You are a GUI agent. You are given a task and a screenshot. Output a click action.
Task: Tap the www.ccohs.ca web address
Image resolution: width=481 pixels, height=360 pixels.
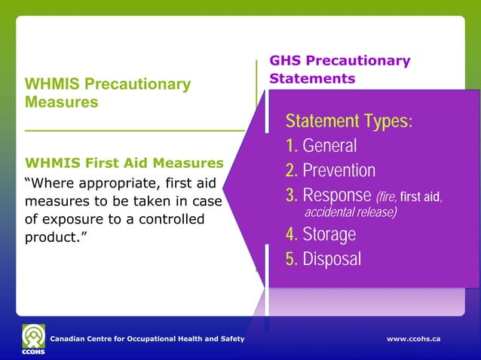[413, 340]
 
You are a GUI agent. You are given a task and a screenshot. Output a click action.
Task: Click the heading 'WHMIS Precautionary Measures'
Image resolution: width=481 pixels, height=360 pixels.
[108, 93]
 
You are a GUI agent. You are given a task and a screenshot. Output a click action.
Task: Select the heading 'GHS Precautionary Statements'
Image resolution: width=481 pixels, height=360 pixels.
[340, 69]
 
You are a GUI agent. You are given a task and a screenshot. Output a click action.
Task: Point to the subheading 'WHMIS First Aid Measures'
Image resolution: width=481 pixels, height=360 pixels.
[124, 163]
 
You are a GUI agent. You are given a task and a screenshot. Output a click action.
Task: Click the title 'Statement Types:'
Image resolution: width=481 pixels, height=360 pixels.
[349, 122]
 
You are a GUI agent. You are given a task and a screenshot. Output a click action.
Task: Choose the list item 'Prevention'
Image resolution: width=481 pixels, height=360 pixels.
[339, 171]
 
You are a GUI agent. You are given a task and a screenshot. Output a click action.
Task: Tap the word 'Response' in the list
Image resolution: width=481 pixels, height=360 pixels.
[336, 197]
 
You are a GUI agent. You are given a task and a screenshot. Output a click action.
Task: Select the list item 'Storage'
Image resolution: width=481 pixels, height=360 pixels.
[329, 234]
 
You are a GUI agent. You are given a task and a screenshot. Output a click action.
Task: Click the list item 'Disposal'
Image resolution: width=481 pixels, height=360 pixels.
[332, 259]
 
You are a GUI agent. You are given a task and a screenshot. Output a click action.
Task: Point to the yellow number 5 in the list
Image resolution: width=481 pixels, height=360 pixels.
[291, 259]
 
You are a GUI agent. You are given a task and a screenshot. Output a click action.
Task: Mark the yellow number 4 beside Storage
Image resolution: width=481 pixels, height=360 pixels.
[291, 234]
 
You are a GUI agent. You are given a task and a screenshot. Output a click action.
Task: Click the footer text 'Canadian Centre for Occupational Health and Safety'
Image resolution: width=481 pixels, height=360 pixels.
[147, 340]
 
